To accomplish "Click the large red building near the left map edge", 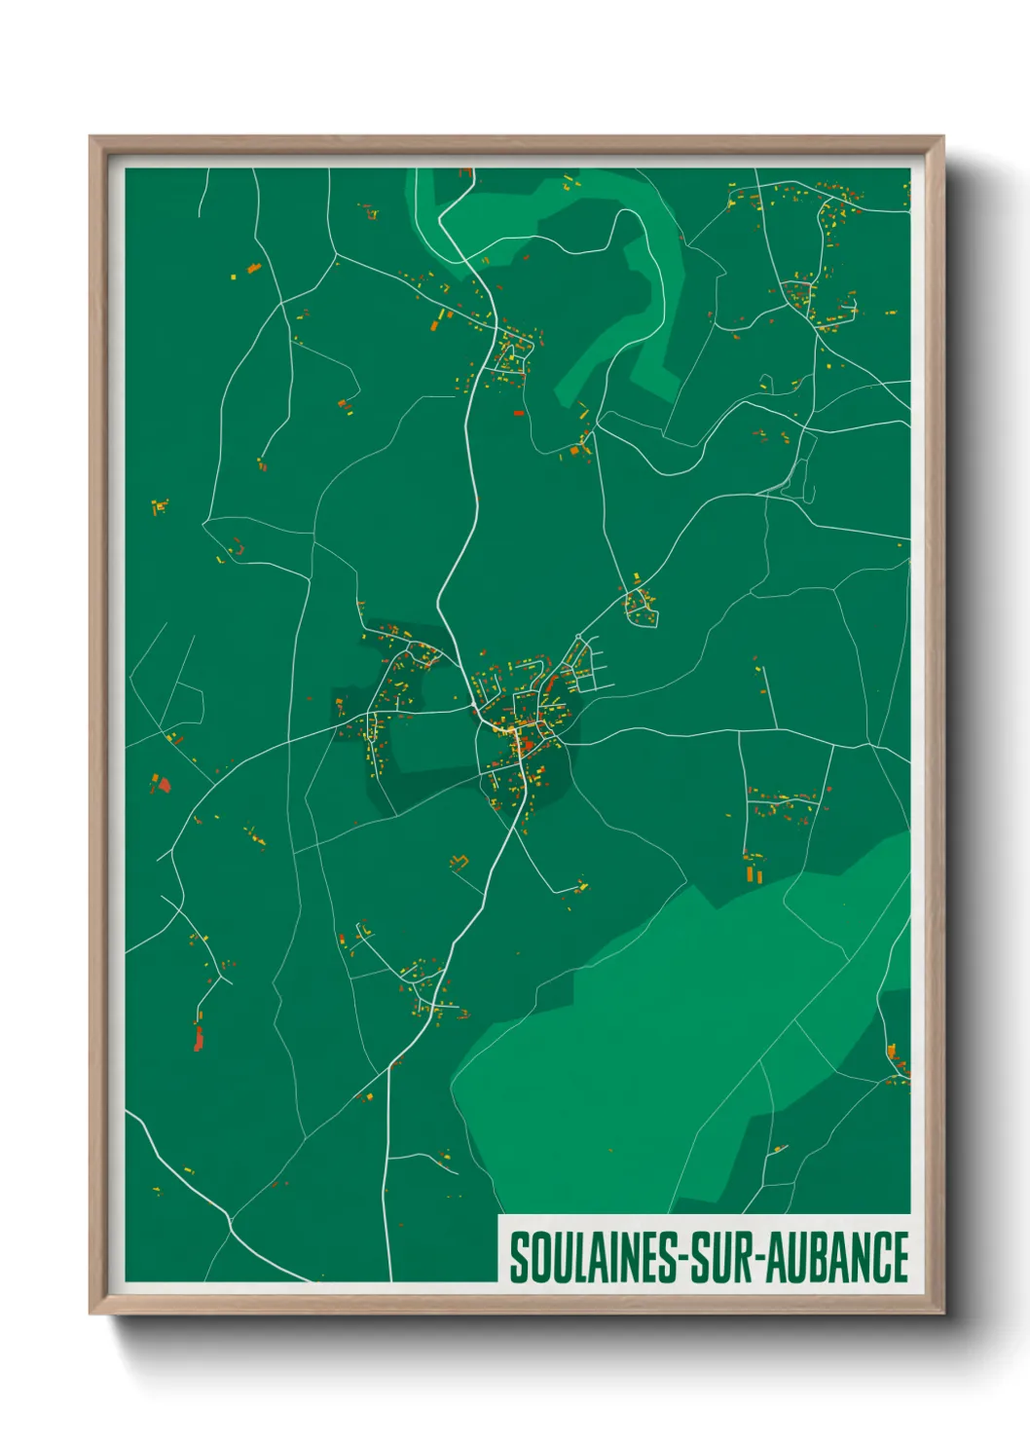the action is point(164,783).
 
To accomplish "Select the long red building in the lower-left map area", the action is point(199,1040).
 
